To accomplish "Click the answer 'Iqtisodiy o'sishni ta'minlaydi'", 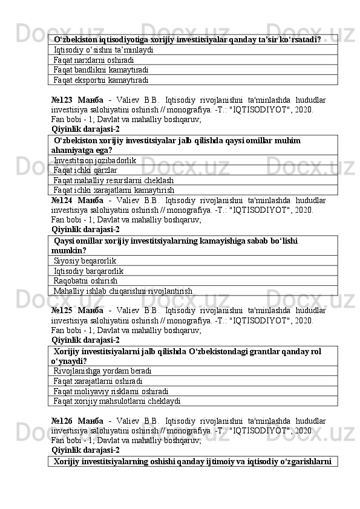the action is [103, 50].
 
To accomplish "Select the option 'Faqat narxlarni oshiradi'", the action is [94, 60].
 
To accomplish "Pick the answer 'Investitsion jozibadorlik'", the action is [94, 160].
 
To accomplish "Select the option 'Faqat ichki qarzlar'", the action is [85, 170].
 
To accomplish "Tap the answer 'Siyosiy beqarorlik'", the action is [85, 261].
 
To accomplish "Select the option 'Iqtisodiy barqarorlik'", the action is [89, 271].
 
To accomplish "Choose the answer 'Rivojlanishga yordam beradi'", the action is [102, 371].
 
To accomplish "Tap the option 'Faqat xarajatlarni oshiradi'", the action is [98, 381].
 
